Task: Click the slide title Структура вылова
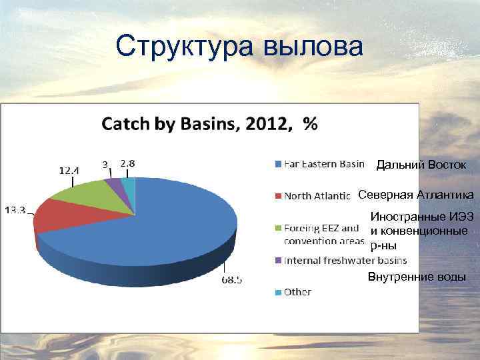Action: pos(239,47)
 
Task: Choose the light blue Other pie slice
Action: pos(128,181)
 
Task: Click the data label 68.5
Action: pos(232,280)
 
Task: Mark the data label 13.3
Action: pos(15,211)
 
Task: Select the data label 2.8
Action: pos(127,163)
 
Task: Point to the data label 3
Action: pos(105,163)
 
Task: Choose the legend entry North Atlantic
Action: pos(317,196)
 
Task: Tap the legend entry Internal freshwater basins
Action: pos(345,260)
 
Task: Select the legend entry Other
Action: pos(297,292)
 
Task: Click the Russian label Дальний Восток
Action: pos(421,165)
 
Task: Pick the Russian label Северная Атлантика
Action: pos(416,195)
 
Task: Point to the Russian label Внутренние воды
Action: pos(417,277)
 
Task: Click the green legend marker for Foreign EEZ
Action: pos(277,229)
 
